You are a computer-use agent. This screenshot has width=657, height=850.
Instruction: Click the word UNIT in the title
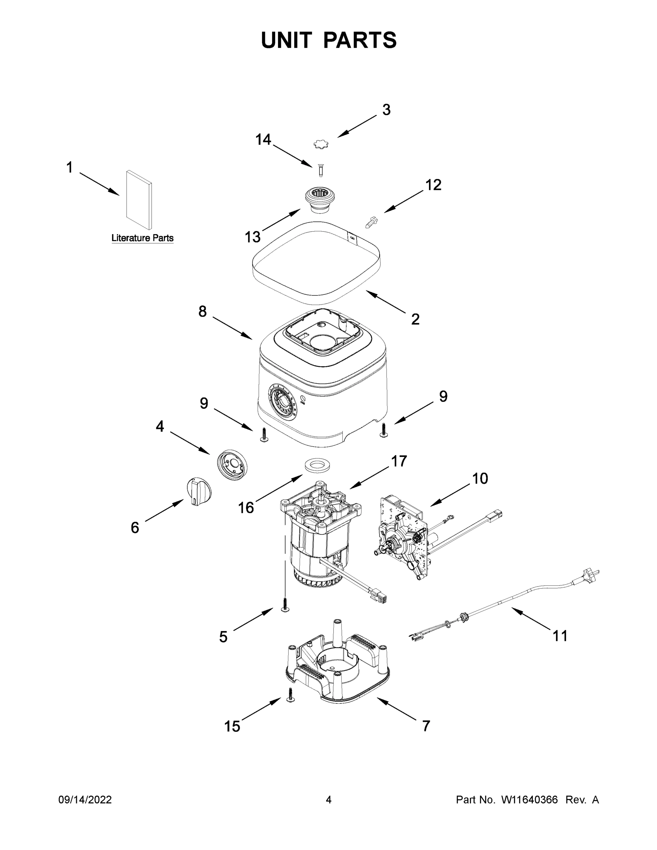click(x=287, y=40)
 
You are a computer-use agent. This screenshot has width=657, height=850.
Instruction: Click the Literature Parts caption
click(x=142, y=238)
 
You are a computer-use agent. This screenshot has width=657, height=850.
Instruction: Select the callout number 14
click(x=263, y=139)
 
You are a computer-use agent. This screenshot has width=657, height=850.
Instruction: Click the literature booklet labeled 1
click(x=139, y=199)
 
